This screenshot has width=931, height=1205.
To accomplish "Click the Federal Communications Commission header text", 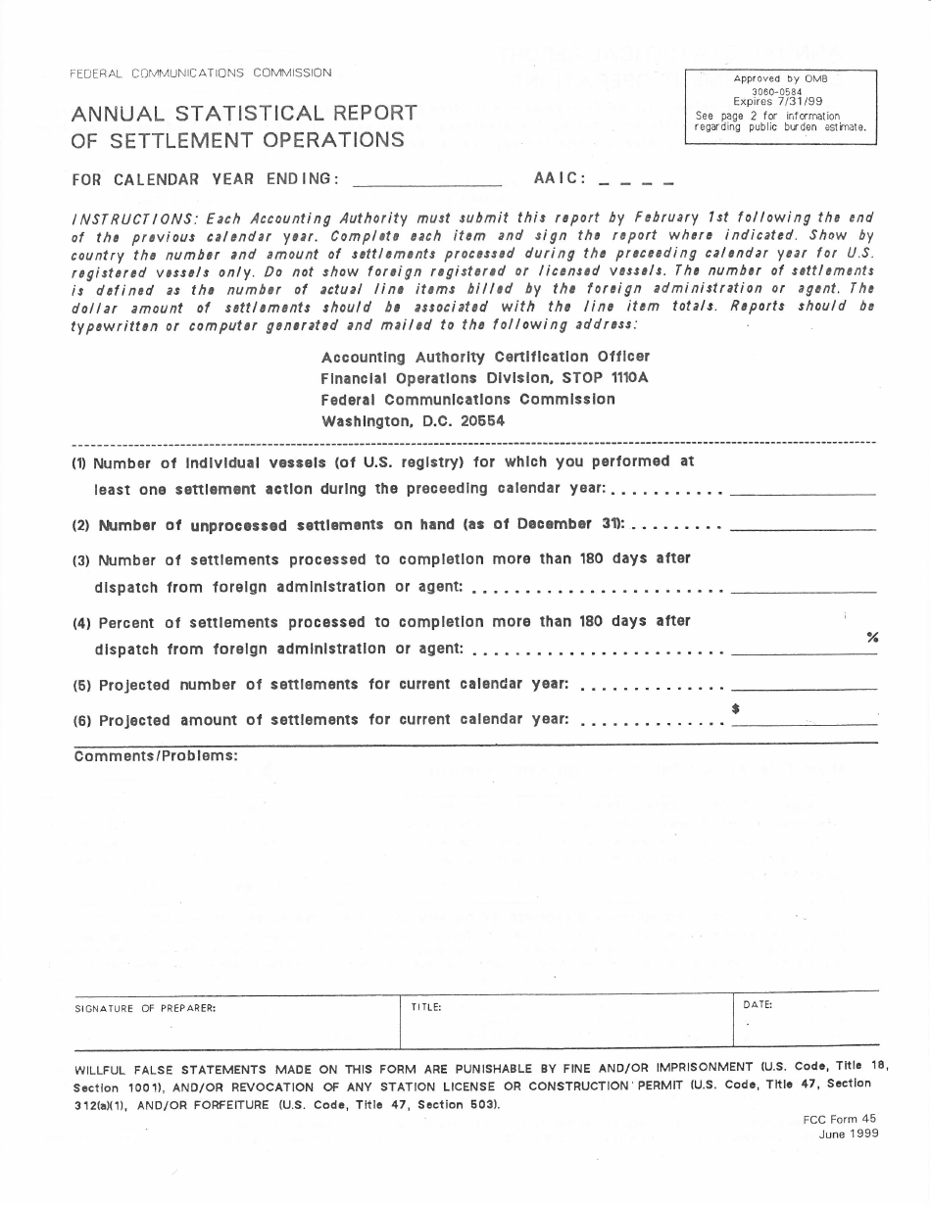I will click(201, 72).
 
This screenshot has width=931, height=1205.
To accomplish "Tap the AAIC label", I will click(560, 179).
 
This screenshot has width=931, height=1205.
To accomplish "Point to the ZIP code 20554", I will click(477, 421).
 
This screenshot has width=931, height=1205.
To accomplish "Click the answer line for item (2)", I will click(803, 526).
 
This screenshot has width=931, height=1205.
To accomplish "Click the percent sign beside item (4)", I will click(872, 638).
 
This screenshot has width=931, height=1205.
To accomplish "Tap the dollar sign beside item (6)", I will click(735, 708).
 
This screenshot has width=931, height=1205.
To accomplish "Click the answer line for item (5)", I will click(803, 686).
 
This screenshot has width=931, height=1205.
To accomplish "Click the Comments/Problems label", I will click(155, 755).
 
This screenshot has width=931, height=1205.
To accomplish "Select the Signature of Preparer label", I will click(145, 1007).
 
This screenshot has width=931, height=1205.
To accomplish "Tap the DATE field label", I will click(758, 1004).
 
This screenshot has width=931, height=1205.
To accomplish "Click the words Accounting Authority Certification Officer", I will click(485, 357).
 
